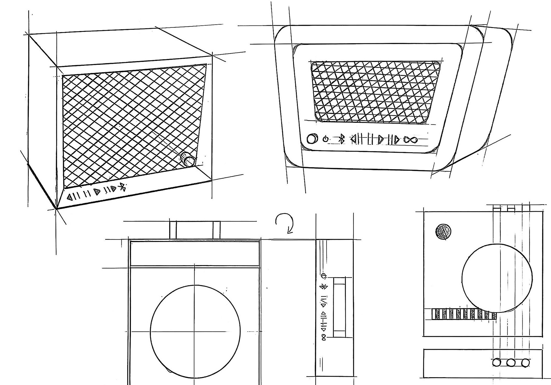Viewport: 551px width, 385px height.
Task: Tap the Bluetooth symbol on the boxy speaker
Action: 123,187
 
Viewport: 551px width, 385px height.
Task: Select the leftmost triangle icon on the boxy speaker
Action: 69,197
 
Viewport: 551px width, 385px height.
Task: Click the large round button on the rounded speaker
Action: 312,139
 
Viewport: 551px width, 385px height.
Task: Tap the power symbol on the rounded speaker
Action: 325,139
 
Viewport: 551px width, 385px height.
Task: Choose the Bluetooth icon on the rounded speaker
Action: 341,139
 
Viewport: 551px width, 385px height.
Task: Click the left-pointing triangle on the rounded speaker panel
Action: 354,139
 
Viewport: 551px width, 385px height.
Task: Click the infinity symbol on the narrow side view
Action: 324,337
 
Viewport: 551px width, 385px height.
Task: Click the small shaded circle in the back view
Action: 443,231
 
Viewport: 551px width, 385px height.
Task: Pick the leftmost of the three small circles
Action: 496,363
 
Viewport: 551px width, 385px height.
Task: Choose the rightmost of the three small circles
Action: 525,363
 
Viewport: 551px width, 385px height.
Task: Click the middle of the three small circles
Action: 511,363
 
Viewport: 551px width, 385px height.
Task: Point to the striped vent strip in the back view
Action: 464,314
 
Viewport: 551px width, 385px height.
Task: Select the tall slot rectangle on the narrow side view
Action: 339,307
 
